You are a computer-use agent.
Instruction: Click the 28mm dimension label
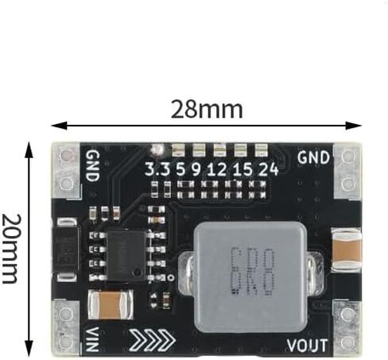pyautogui.click(x=207, y=109)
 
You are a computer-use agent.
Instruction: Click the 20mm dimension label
pyautogui.click(x=11, y=249)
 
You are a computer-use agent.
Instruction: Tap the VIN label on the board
pyautogui.click(x=92, y=339)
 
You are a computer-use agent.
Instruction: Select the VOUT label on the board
pyautogui.click(x=307, y=345)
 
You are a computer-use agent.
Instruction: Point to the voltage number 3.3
pyautogui.click(x=157, y=169)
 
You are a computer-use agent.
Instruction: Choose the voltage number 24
pyautogui.click(x=268, y=169)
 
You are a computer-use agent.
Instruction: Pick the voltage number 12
pyautogui.click(x=217, y=169)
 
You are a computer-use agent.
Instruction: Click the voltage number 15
pyautogui.click(x=242, y=169)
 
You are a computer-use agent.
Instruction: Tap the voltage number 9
pyautogui.click(x=196, y=169)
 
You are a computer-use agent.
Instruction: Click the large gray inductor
pyautogui.click(x=250, y=277)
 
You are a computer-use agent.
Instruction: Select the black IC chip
pyautogui.click(x=126, y=256)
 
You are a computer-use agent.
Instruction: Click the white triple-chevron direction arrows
pyautogui.click(x=152, y=339)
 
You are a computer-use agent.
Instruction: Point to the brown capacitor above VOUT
pyautogui.click(x=346, y=250)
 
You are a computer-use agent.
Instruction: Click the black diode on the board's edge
pyautogui.click(x=65, y=250)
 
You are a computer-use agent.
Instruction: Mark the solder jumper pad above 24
pyautogui.click(x=261, y=150)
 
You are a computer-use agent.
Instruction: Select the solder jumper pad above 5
pyautogui.click(x=178, y=150)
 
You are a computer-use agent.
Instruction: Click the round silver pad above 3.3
pyautogui.click(x=157, y=150)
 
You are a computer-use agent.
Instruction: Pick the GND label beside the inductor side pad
pyautogui.click(x=313, y=157)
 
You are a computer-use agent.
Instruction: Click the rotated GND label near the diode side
pyautogui.click(x=93, y=166)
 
